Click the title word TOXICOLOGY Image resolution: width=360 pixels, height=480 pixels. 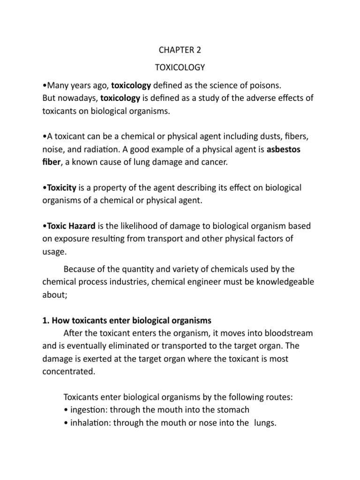(180, 67)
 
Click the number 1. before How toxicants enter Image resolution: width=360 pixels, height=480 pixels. (45, 321)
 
